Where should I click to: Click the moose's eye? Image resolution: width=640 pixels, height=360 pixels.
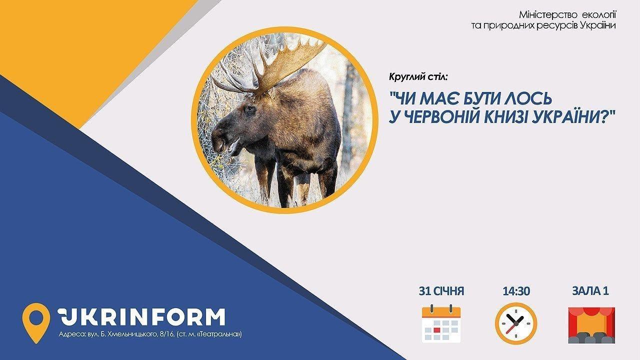tap(249, 109)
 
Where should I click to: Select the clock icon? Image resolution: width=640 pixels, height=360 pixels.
tap(516, 323)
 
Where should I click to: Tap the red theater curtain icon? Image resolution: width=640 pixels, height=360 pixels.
tap(591, 325)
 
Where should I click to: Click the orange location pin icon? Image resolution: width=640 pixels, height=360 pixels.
tap(36, 323)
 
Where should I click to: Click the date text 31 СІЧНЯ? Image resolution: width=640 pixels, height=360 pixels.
tap(441, 291)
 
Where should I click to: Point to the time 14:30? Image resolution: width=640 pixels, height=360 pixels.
tap(516, 291)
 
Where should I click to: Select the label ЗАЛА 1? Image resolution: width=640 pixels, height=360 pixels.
tap(590, 291)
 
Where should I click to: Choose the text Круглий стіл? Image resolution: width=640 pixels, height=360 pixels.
tap(417, 77)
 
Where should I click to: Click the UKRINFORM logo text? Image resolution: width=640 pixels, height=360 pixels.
tap(141, 316)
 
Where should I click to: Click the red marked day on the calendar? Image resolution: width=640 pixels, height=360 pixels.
tap(436, 330)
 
